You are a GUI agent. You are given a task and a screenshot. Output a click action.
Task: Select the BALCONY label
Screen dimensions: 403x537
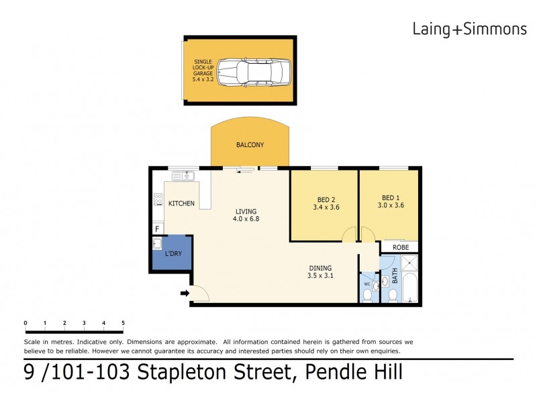tap(250, 145)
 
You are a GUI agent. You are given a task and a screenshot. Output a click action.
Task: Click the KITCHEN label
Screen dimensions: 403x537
tap(181, 204)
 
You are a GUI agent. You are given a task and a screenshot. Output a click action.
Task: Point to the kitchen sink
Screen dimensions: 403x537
tap(183, 176)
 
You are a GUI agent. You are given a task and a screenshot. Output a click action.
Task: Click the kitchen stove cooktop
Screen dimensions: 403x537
tap(158, 199)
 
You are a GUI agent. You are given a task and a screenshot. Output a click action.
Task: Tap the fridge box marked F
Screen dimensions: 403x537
tap(157, 228)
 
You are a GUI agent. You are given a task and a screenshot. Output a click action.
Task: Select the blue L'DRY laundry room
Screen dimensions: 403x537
tap(172, 253)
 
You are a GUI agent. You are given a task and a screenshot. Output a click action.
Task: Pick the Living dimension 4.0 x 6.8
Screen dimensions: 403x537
tap(246, 219)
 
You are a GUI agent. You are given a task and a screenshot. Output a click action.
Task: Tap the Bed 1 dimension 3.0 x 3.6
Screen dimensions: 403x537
tap(391, 207)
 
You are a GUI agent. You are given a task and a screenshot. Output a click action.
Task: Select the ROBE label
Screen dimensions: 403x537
tap(401, 247)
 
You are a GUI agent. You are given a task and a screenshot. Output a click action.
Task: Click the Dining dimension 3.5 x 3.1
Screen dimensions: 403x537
tap(321, 275)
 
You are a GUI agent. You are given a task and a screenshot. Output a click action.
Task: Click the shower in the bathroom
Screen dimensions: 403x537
tap(409, 264)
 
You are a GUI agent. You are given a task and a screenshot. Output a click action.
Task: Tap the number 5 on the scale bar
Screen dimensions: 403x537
tap(123, 323)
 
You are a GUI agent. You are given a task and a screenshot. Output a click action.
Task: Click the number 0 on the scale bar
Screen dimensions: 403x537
tap(26, 323)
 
